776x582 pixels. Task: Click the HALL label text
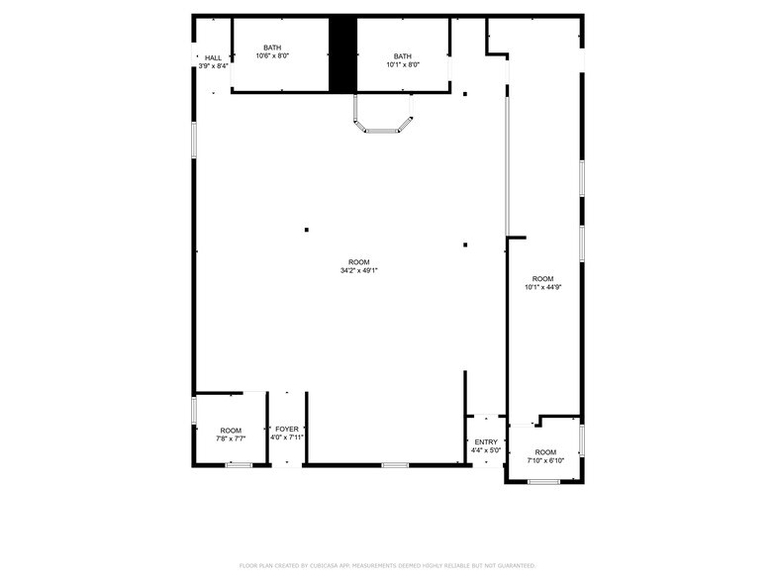pos(213,58)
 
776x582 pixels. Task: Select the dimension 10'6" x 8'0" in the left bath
pos(271,56)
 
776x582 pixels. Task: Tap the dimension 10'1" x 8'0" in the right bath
pos(403,65)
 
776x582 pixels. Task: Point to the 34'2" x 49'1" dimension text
pos(359,270)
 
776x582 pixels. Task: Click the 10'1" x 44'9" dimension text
pos(543,288)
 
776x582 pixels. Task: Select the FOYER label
pos(287,429)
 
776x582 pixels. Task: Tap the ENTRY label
pos(486,442)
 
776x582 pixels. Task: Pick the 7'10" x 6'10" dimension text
pos(545,460)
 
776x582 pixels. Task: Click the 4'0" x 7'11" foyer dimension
pos(287,437)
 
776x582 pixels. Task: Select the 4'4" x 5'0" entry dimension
pos(486,451)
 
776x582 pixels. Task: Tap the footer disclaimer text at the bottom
pos(387,565)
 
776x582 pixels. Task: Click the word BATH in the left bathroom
pos(271,48)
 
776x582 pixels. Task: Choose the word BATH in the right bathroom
pos(403,56)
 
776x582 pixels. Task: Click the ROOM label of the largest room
pos(359,261)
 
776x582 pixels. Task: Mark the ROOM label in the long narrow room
pos(543,279)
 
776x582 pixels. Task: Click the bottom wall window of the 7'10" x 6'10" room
pos(543,482)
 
